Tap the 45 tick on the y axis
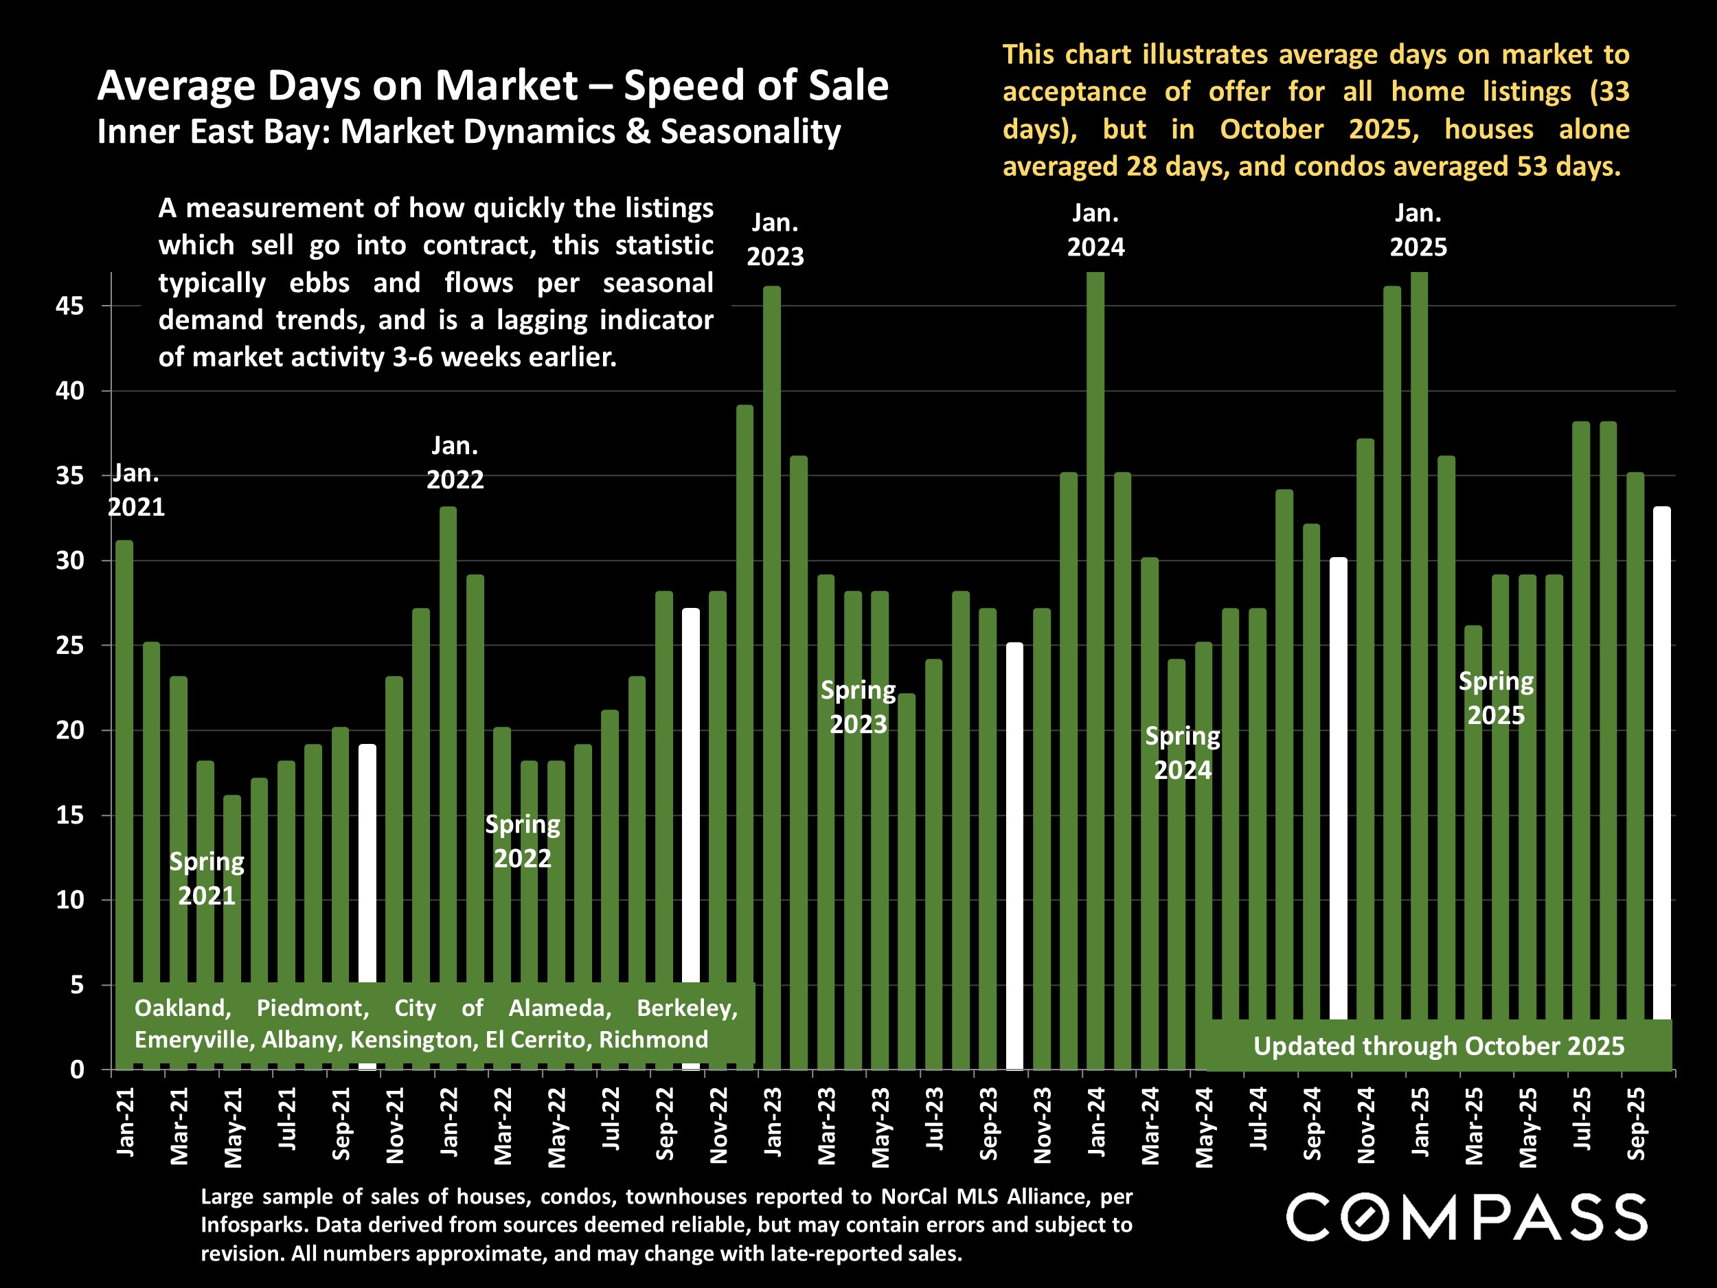coord(70,306)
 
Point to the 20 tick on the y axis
coord(70,731)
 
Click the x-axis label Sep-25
coord(1635,1123)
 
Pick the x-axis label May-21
coord(233,1127)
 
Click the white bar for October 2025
coord(1662,761)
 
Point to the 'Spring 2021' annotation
coord(207,879)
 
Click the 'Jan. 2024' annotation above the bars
coord(1095,230)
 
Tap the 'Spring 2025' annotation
coord(1496,699)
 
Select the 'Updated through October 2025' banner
coord(1438,1046)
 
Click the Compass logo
coord(1466,1217)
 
